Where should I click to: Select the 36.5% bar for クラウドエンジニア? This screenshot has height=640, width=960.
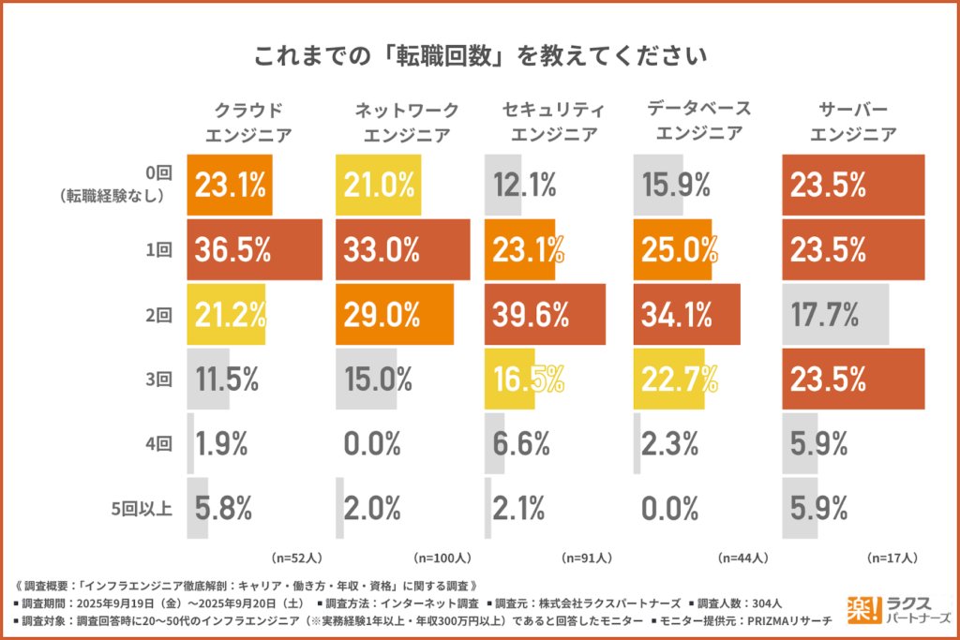coord(255,250)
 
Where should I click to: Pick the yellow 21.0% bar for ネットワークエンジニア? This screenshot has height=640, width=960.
coord(379,186)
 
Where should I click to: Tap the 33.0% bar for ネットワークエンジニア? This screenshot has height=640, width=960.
coord(402,250)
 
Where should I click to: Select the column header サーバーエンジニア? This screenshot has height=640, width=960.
coord(854,122)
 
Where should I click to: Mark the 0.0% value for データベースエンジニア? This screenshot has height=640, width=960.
coord(671,509)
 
